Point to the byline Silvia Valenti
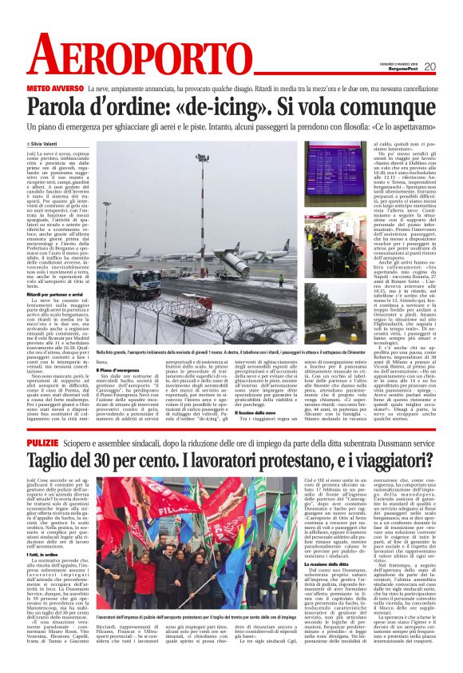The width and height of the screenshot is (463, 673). point(48,143)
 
